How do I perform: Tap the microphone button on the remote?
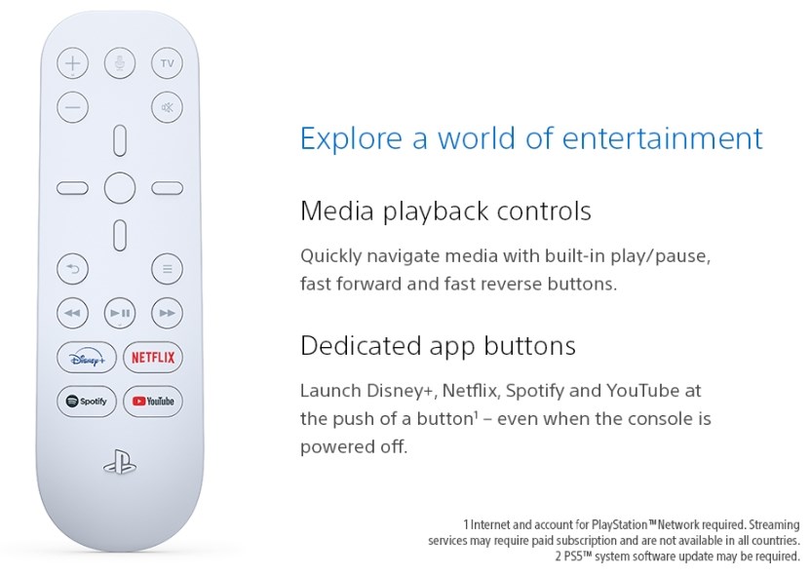120,63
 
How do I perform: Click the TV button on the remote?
167,63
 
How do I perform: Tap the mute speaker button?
167,107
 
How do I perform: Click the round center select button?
120,188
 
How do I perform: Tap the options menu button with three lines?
167,269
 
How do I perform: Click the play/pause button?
120,313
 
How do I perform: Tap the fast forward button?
167,313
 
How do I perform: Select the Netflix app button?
153,357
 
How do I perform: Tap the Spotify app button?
87,401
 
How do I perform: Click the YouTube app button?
153,401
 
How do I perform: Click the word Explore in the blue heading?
351,138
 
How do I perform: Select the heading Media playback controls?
445,211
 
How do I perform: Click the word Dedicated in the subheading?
361,346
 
